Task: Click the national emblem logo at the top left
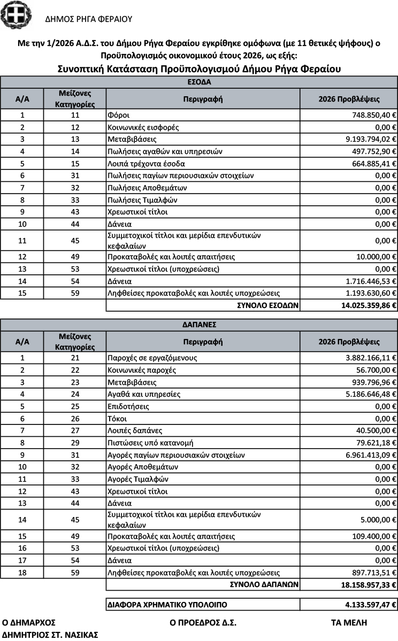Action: [16, 15]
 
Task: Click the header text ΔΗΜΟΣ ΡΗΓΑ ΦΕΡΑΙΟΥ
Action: [89, 19]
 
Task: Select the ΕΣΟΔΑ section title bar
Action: [198, 82]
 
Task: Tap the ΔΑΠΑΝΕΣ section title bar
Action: [198, 325]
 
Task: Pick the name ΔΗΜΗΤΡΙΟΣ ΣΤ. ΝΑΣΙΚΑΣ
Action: [51, 635]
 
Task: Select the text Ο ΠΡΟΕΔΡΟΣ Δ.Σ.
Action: [203, 622]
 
